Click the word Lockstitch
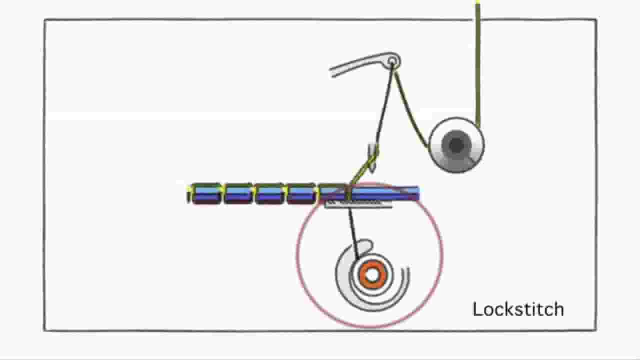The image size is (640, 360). (518, 309)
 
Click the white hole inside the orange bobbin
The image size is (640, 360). (372, 275)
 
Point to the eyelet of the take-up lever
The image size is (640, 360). (392, 61)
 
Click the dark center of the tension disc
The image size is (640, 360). (456, 145)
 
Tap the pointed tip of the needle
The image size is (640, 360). (371, 172)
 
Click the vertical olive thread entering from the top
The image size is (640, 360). (477, 63)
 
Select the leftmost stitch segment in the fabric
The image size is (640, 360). (207, 193)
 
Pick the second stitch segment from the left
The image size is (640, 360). (238, 193)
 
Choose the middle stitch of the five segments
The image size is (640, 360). (269, 193)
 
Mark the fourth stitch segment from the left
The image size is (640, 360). (301, 193)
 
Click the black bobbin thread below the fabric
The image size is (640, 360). (353, 233)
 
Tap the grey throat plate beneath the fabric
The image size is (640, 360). (358, 204)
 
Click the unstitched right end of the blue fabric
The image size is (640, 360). (400, 193)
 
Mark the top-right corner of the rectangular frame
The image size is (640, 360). (596, 19)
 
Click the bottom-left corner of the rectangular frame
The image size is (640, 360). (44, 330)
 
